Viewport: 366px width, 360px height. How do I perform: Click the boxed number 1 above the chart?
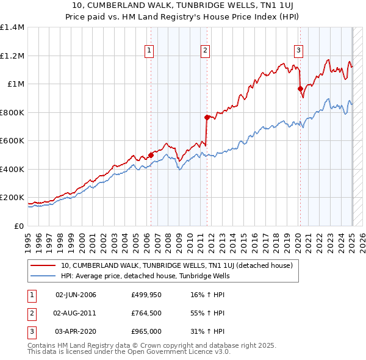coord(149,51)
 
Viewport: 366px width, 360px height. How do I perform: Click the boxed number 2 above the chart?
coord(206,51)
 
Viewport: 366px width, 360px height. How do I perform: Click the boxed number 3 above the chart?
coord(299,51)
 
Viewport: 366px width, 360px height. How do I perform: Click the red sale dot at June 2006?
coord(151,155)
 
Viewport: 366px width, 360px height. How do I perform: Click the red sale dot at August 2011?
coord(207,117)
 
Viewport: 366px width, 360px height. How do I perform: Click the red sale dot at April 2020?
coord(300,89)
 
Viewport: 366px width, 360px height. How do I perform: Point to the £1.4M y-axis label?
coord(12,27)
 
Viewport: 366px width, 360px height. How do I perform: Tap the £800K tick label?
coord(12,112)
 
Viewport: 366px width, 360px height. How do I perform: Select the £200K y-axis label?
coord(12,198)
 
